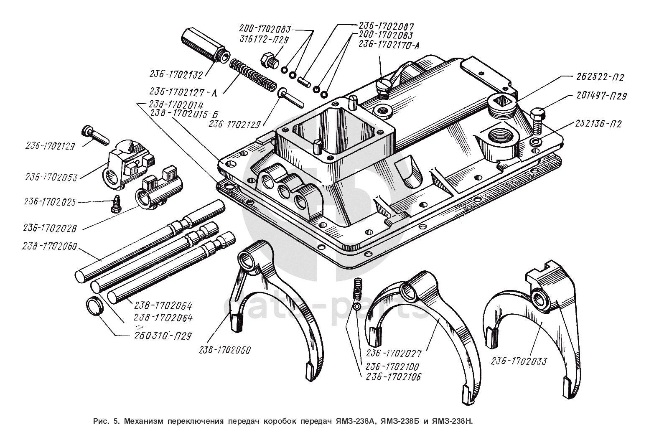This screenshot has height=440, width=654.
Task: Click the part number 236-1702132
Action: (176, 75)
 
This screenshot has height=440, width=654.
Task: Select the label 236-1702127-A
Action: (183, 92)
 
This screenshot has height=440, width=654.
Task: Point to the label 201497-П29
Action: (601, 96)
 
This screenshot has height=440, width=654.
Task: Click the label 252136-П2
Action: (598, 124)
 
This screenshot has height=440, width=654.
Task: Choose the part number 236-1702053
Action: (51, 177)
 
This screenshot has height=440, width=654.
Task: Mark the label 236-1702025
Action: (50, 202)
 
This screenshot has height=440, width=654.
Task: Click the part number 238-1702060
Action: (50, 246)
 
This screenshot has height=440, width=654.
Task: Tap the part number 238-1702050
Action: (225, 350)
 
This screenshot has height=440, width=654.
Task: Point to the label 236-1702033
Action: (519, 361)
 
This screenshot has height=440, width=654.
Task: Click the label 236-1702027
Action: (394, 353)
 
